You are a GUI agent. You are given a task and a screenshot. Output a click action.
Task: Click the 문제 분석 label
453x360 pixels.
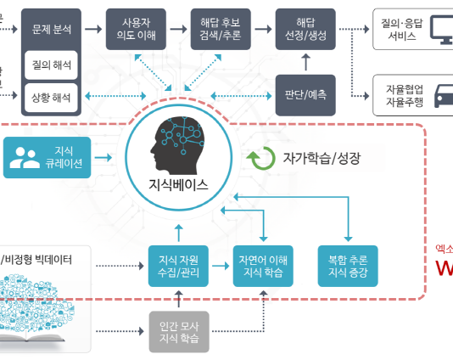click(x=51, y=29)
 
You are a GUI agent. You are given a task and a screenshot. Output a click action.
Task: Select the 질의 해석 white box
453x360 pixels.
click(x=51, y=63)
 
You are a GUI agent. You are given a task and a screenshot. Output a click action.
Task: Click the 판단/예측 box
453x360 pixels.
click(x=305, y=93)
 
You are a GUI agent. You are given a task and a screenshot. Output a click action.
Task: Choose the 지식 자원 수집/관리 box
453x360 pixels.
click(x=178, y=265)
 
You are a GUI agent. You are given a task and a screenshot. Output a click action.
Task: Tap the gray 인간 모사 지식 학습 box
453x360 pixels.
click(x=178, y=330)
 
